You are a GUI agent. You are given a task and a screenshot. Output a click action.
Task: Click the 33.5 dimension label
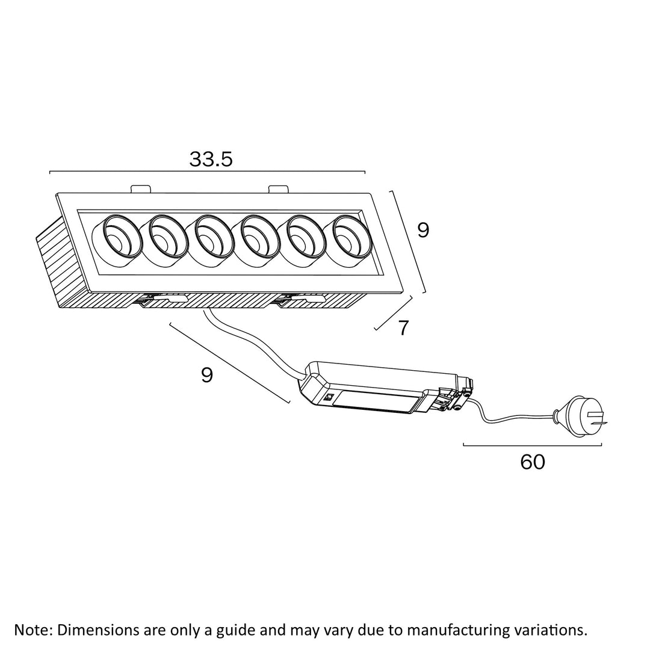click(211, 159)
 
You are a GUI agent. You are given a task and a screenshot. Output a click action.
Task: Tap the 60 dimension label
click(533, 462)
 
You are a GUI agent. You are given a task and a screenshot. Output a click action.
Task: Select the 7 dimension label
click(403, 328)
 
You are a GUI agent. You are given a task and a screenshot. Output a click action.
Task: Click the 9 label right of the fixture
click(423, 230)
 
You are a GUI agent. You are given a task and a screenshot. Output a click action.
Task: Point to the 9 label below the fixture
click(207, 375)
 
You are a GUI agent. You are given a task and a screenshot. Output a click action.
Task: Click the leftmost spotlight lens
click(119, 241)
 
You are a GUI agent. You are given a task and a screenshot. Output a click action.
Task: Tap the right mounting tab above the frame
click(278, 189)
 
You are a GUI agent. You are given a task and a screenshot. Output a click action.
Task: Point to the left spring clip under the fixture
click(162, 299)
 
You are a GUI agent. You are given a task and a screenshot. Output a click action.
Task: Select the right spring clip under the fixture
click(300, 299)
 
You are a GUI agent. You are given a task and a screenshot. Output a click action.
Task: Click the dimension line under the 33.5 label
click(207, 172)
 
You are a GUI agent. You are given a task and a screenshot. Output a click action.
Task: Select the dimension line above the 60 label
click(533, 445)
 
